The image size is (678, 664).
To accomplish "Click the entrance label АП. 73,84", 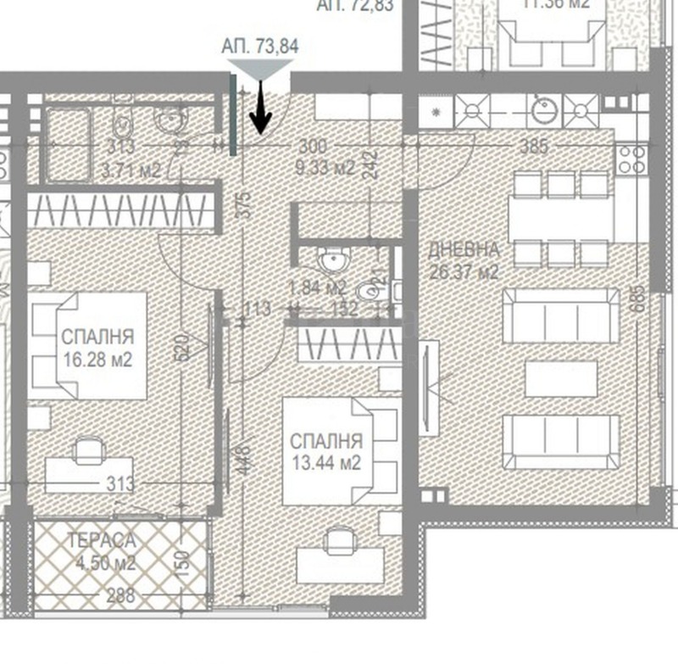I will click(259, 47).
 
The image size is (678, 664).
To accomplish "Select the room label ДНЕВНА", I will click(464, 251).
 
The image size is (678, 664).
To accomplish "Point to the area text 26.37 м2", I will click(464, 272).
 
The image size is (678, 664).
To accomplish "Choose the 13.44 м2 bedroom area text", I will click(326, 463).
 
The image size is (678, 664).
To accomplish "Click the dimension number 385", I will click(533, 146).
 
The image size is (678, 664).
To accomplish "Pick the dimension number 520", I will click(181, 347).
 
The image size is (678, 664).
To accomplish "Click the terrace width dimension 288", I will click(120, 595).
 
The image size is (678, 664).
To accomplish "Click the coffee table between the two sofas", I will click(560, 378).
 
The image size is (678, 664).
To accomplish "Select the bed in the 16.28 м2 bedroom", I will click(89, 346).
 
